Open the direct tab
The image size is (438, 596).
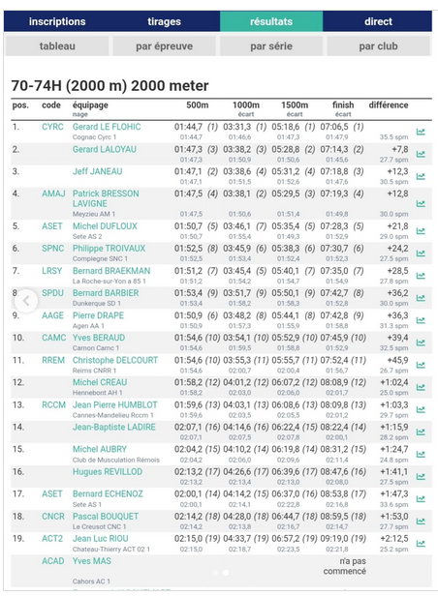[x=378, y=21]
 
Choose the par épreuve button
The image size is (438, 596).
[x=164, y=45]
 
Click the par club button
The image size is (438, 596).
[x=378, y=45]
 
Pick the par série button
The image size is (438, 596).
[x=271, y=45]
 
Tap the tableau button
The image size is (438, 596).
[x=57, y=45]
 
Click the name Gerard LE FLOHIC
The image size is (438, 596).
[x=107, y=127]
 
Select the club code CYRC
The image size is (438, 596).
[x=52, y=127]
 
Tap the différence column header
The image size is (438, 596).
[x=388, y=104]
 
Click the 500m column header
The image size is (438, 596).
[x=197, y=104]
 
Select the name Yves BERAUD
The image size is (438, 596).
[x=99, y=338]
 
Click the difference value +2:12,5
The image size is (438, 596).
[x=393, y=538]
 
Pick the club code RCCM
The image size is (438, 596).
[x=53, y=404]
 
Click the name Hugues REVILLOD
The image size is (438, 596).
[x=107, y=471]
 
